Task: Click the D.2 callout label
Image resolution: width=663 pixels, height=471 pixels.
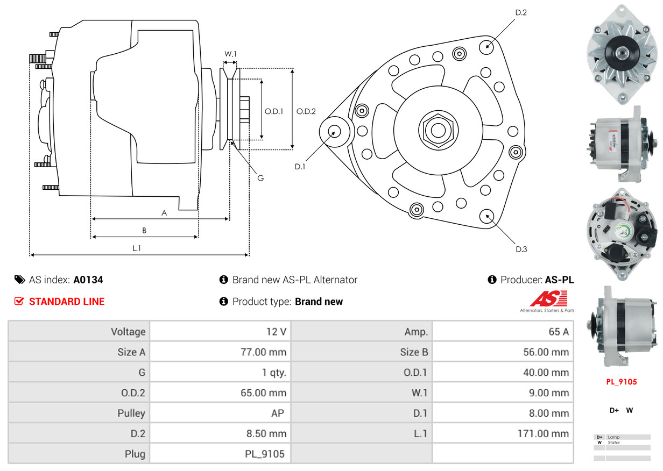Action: pos(520,12)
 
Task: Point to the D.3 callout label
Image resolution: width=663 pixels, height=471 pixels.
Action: pos(521,249)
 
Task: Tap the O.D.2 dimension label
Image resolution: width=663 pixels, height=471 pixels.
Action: pos(306,112)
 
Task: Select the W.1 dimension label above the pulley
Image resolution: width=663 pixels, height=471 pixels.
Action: pos(230,54)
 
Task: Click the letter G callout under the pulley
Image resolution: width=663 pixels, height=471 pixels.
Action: pos(260,178)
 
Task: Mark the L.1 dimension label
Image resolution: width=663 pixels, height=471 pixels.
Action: pos(137,248)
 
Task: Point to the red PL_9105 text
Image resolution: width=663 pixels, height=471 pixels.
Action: pos(622,382)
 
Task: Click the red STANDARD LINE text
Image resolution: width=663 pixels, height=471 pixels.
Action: pos(67,302)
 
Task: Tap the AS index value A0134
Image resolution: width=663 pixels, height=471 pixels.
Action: pos(88,280)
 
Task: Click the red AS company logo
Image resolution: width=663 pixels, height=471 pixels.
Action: pos(548,298)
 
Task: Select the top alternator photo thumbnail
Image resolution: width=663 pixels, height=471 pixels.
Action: pos(622,54)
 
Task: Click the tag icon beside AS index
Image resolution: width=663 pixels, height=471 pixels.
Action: pos(19,280)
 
